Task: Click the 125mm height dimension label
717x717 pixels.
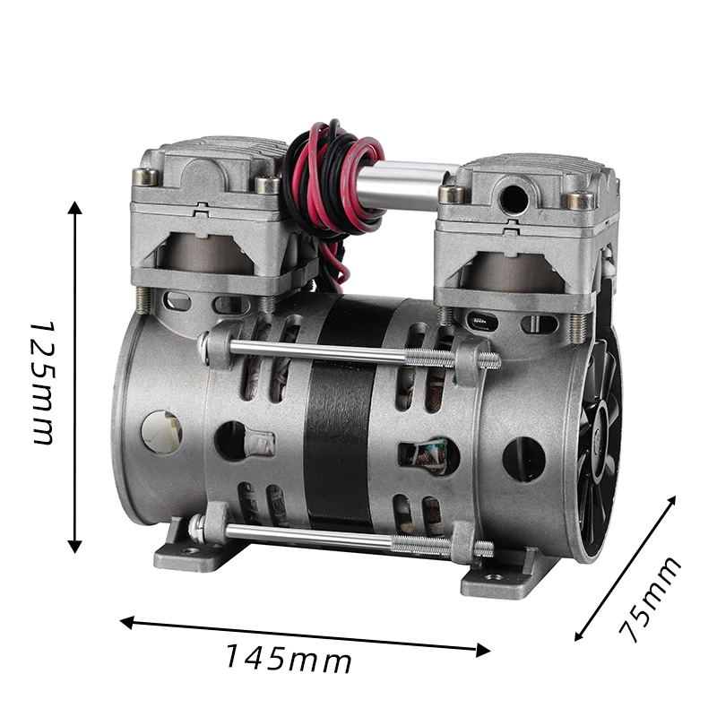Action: (44, 383)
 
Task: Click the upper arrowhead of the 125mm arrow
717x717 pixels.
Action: (75, 209)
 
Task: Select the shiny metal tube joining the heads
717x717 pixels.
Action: (409, 185)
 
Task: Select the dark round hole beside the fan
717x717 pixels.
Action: (523, 459)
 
